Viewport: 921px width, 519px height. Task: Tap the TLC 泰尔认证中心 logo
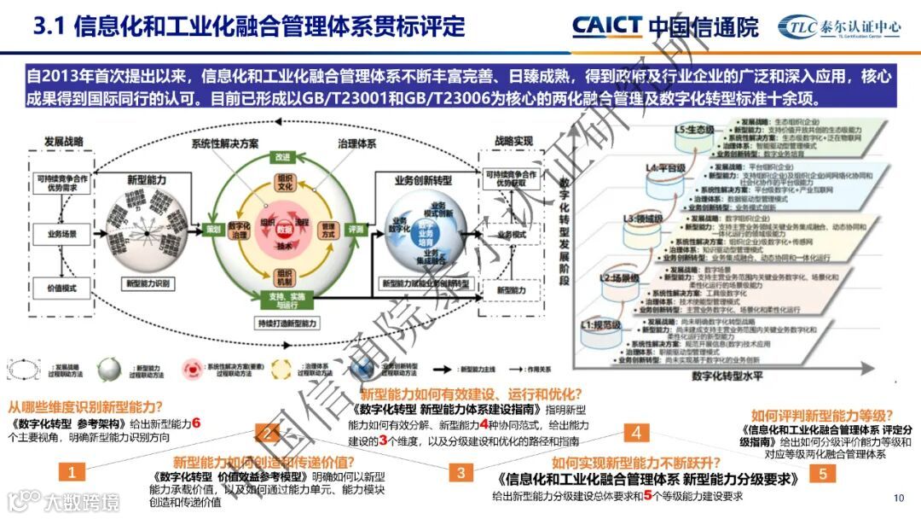pos(841,26)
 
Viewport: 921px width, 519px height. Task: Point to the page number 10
pos(897,499)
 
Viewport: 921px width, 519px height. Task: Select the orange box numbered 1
pos(72,472)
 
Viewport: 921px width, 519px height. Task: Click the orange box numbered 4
pos(635,433)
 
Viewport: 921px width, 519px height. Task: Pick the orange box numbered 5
pos(823,473)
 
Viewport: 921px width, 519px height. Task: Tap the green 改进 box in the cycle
pos(282,157)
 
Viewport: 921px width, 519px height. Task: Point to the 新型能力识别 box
pos(148,283)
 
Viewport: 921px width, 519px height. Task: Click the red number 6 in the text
pos(196,422)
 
